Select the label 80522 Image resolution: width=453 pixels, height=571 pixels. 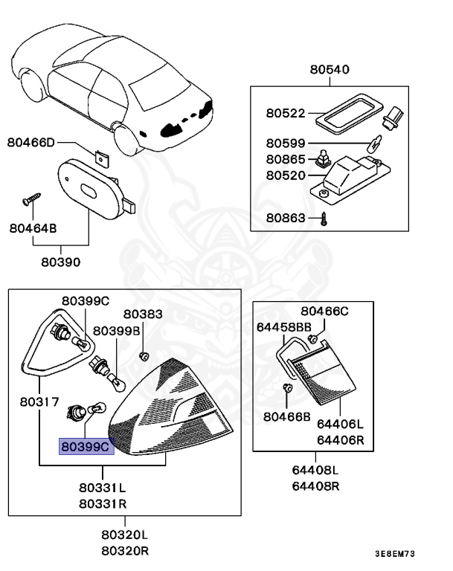pyautogui.click(x=286, y=114)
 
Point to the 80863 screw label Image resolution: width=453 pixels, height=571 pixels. pyautogui.click(x=286, y=219)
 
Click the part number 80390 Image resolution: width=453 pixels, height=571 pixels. pyautogui.click(x=61, y=262)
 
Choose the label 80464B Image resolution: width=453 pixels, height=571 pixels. pyautogui.click(x=33, y=228)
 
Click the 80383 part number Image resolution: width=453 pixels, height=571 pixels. pyautogui.click(x=143, y=314)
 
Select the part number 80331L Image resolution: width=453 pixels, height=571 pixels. pyautogui.click(x=103, y=488)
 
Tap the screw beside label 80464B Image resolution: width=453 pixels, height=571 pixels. pyautogui.click(x=30, y=199)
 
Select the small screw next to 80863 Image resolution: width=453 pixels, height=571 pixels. pyautogui.click(x=324, y=219)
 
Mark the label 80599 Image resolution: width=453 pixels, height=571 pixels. pyautogui.click(x=286, y=143)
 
